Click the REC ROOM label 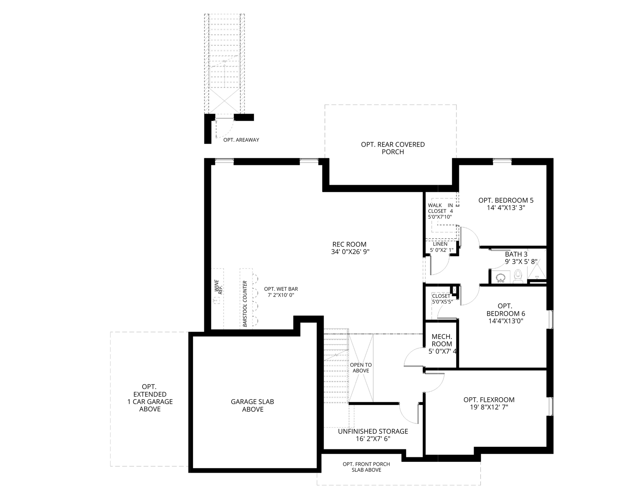[x=349, y=244]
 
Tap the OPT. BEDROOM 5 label [x=506, y=200]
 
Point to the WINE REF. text [x=218, y=287]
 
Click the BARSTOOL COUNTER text [x=245, y=304]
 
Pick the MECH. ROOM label [x=442, y=340]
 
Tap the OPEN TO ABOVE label [x=361, y=368]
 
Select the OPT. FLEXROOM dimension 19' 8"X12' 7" [x=489, y=407]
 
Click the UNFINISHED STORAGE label [x=373, y=431]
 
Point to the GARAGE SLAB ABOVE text [x=253, y=406]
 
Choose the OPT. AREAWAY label [x=241, y=140]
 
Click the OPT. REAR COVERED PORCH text [x=393, y=148]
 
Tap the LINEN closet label [x=440, y=244]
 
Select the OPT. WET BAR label [x=281, y=289]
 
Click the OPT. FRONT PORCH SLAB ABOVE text [x=367, y=467]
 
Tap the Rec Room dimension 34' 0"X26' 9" [x=350, y=252]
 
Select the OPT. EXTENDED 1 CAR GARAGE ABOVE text [x=150, y=398]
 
